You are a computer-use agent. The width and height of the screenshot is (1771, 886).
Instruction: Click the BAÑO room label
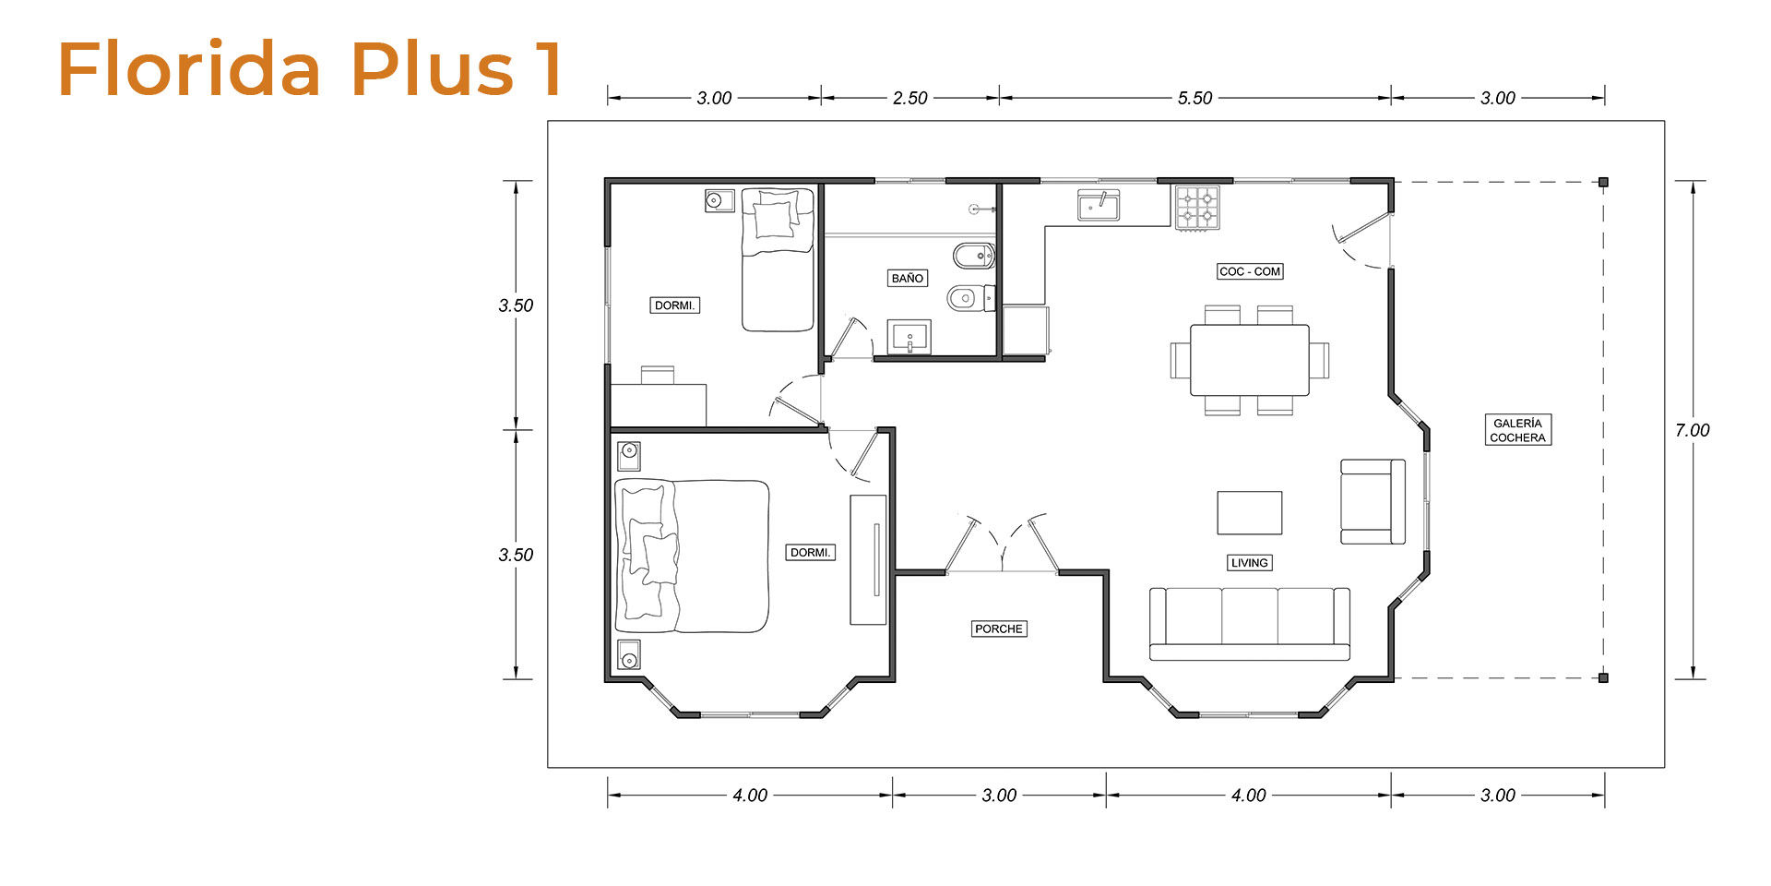pos(908,278)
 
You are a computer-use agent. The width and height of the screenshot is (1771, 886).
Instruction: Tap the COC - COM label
pos(1250,271)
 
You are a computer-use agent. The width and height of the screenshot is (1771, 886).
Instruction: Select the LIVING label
pos(1250,563)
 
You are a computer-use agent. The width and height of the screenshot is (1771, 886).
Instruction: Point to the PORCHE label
pos(999,629)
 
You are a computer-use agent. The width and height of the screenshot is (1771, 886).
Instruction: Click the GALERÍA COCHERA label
pos(1517,430)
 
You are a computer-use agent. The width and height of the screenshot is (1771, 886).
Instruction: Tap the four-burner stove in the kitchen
pos(1197,208)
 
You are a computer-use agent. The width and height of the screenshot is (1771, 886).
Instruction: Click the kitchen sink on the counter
pos(1099,206)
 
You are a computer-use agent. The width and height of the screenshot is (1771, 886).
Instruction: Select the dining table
pos(1250,360)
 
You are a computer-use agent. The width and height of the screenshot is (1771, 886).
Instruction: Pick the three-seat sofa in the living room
pos(1250,624)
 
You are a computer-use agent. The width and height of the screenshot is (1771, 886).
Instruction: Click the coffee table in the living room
pos(1250,513)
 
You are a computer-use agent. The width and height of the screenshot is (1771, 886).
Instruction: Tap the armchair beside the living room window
pos(1373,501)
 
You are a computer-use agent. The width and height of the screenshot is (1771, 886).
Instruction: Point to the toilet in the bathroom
pos(971,298)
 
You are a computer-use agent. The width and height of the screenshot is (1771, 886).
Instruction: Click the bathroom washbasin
pos(909,337)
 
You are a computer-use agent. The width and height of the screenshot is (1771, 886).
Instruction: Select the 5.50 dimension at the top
pos(1195,98)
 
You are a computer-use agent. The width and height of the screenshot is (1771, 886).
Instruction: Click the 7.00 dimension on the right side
pos(1693,430)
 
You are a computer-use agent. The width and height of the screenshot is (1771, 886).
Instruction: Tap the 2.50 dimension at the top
pos(910,98)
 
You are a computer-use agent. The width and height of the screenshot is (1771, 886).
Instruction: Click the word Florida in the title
pos(190,68)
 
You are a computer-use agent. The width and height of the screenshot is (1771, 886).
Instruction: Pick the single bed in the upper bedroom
pos(778,259)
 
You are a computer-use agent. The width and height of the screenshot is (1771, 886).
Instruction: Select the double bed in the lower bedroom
pos(692,556)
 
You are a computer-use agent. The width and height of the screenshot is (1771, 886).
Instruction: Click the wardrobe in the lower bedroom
pos(868,560)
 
